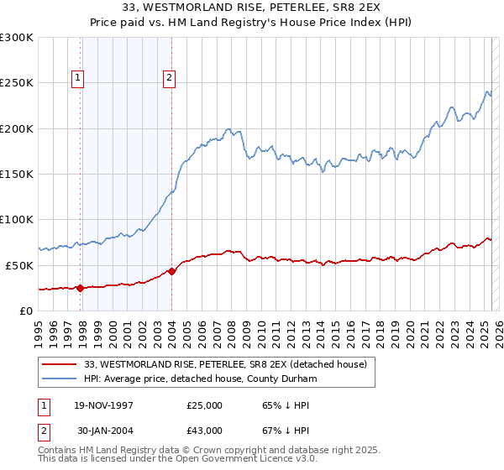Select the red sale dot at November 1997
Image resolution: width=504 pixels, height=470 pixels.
click(x=81, y=288)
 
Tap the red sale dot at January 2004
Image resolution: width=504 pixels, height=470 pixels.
click(x=171, y=271)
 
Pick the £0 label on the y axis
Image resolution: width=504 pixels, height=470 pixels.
click(x=26, y=311)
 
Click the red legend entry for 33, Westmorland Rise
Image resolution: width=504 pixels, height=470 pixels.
click(x=225, y=365)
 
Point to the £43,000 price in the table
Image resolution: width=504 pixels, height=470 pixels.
click(x=204, y=431)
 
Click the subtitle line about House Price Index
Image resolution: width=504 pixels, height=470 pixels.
click(x=251, y=24)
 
